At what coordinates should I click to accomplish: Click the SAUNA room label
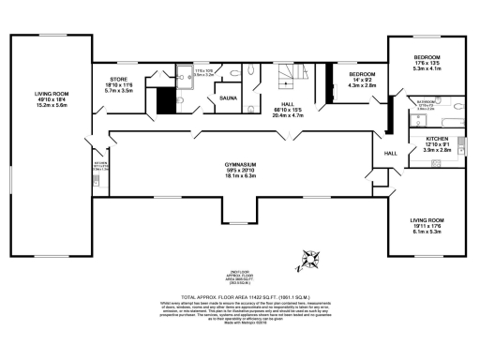pos(228,97)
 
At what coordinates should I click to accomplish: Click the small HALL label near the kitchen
pos(392,154)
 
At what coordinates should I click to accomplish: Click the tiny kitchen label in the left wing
pos(101,166)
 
